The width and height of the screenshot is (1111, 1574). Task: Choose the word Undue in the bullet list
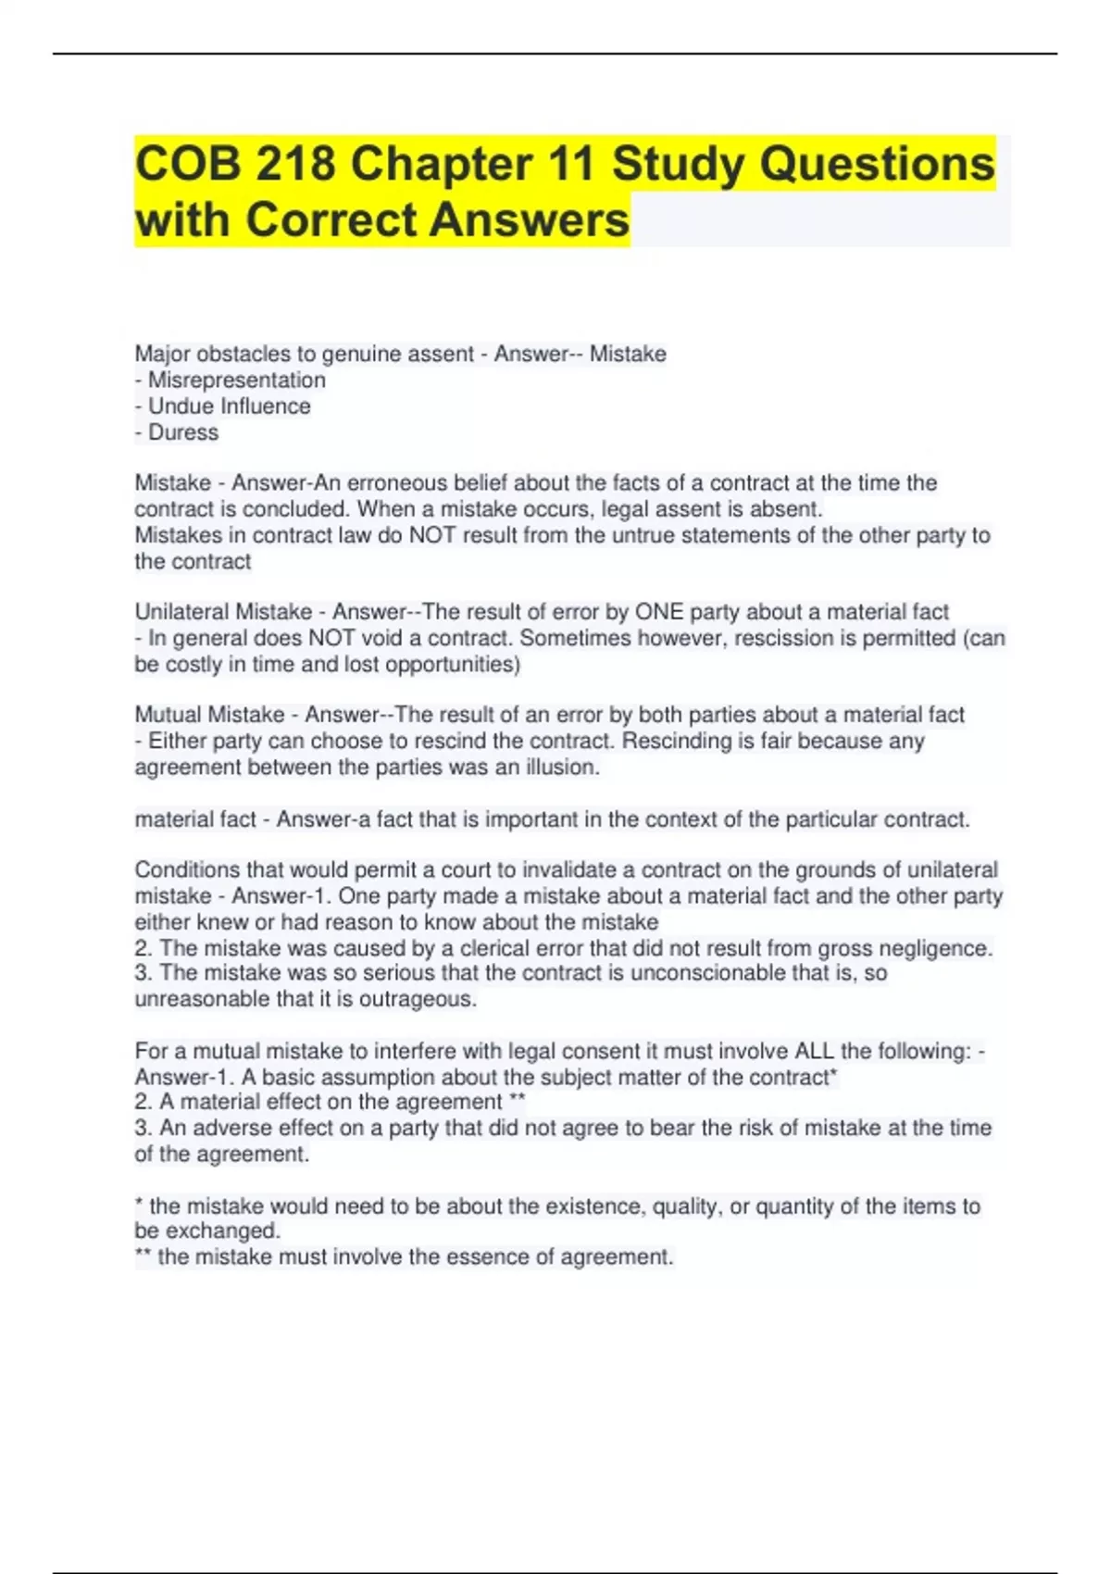point(181,406)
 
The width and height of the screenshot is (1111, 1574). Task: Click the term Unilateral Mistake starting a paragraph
point(223,612)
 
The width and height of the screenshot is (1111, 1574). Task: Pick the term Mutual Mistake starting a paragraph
point(210,715)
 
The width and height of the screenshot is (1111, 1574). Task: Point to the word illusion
point(558,768)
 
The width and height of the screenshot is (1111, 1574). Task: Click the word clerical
point(501,948)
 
